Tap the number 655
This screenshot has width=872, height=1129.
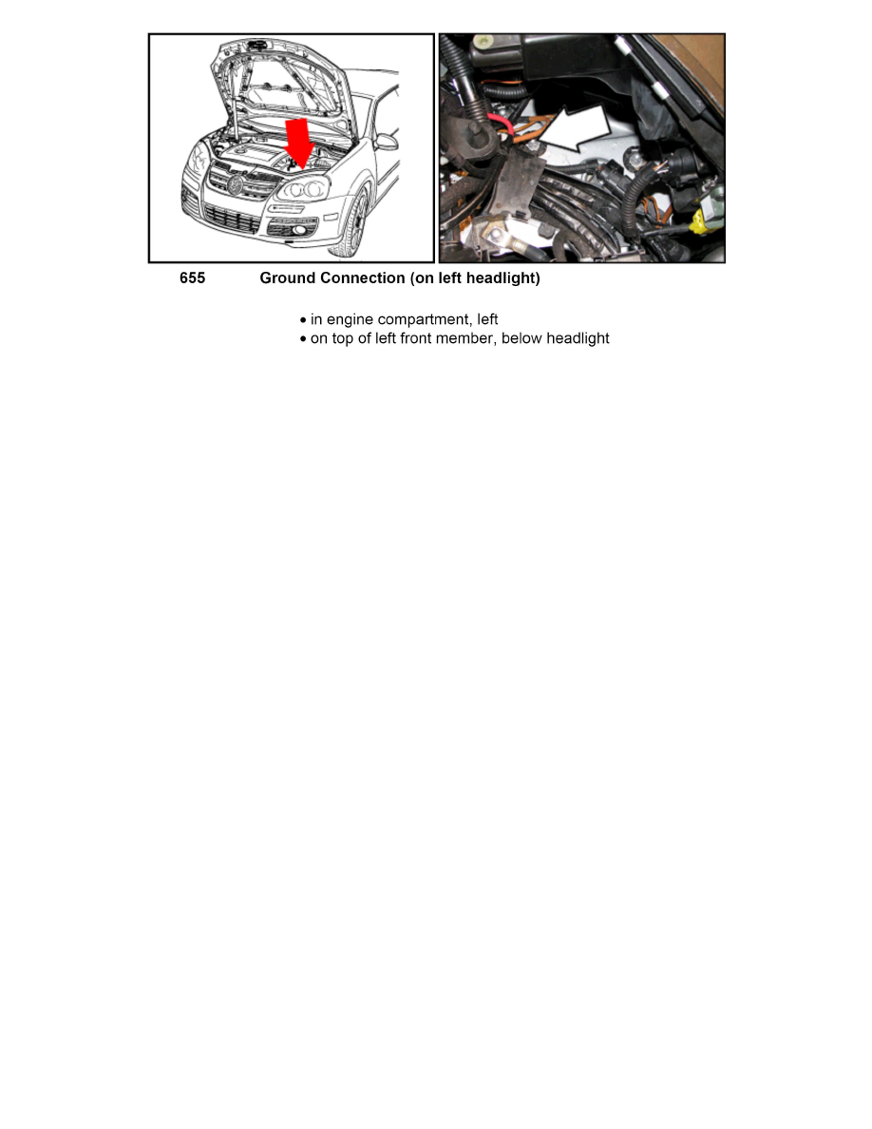pyautogui.click(x=192, y=277)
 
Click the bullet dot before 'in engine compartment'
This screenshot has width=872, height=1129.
pyautogui.click(x=303, y=320)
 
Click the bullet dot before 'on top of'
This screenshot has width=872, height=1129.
pyautogui.click(x=303, y=339)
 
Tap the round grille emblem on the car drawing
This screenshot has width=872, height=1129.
pyautogui.click(x=235, y=184)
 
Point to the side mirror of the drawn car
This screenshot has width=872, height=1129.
pyautogui.click(x=388, y=142)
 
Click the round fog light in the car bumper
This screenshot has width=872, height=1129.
pyautogui.click(x=301, y=230)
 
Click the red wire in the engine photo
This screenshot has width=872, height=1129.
pyautogui.click(x=501, y=124)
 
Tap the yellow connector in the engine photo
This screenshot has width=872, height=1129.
pyautogui.click(x=701, y=222)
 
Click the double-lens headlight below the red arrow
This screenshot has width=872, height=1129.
pyautogui.click(x=303, y=189)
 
